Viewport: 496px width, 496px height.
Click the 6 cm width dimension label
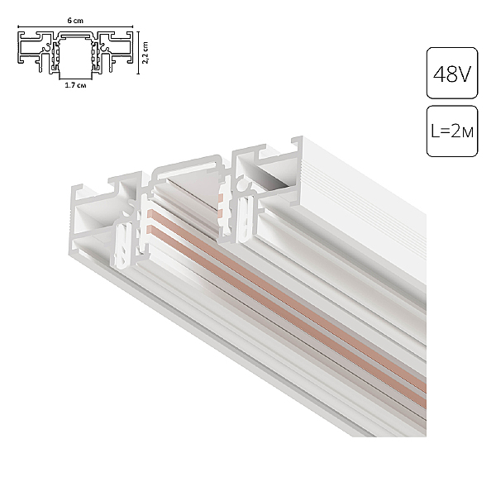[75, 21]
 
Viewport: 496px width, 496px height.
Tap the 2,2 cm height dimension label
[145, 53]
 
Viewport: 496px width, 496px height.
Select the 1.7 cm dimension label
[75, 85]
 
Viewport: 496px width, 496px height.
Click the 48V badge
[452, 73]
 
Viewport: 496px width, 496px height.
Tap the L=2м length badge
[452, 131]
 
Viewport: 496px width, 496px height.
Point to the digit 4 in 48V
[439, 74]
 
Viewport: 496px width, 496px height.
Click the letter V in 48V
[464, 74]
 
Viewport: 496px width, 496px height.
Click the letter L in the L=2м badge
[435, 131]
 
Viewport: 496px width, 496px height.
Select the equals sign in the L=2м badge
[445, 131]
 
